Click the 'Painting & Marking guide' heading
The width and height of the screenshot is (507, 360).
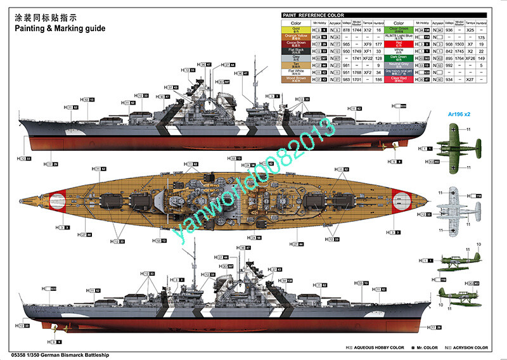click(x=53, y=29)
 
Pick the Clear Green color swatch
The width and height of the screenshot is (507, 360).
click(x=399, y=30)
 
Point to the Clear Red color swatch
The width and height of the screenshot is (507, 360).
click(x=399, y=80)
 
